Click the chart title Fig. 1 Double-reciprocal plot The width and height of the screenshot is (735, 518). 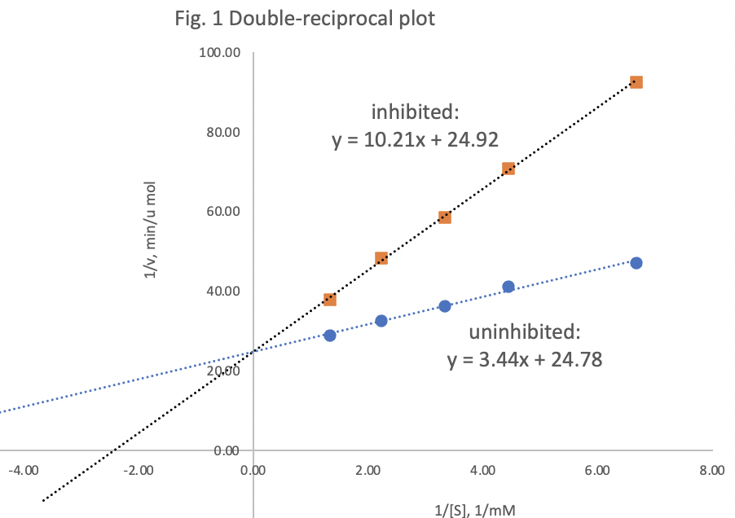[x=305, y=19]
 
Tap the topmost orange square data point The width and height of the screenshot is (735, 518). [x=636, y=82]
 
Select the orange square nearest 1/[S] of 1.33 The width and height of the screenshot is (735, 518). [x=329, y=300]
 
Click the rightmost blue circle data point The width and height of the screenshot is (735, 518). [x=636, y=263]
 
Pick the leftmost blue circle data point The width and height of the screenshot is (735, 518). [x=329, y=336]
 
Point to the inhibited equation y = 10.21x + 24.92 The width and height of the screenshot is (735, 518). [x=415, y=140]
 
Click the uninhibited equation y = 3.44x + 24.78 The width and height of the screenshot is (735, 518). [x=525, y=359]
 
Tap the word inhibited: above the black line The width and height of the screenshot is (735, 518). [x=415, y=111]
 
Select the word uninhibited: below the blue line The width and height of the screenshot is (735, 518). [x=525, y=331]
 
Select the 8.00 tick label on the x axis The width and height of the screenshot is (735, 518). [x=711, y=470]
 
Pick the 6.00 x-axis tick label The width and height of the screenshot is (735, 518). [x=597, y=470]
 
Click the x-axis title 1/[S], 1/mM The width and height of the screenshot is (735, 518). [x=475, y=509]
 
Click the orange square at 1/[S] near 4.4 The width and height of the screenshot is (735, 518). [x=508, y=169]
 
